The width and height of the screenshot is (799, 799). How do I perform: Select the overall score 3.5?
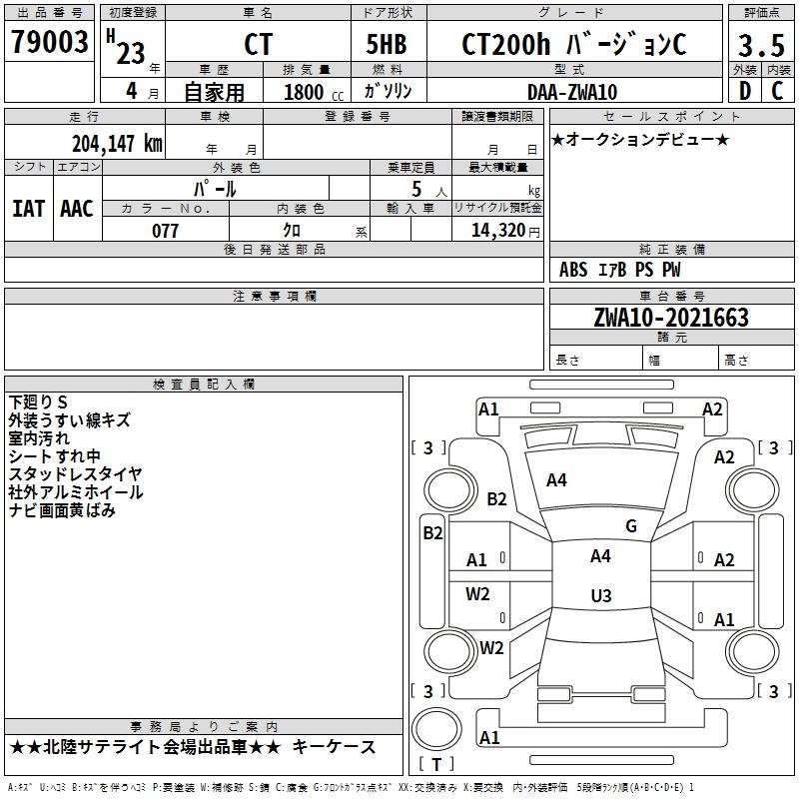click(758, 46)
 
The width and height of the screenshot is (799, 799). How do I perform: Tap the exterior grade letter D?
click(744, 91)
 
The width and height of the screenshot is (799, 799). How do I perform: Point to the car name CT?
click(258, 46)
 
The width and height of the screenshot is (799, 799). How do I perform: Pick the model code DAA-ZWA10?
click(571, 92)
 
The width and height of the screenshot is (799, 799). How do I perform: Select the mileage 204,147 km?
click(116, 143)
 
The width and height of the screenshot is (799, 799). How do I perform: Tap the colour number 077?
click(165, 231)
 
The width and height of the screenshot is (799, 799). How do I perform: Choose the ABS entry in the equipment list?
click(573, 270)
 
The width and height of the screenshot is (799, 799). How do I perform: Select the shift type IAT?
click(28, 209)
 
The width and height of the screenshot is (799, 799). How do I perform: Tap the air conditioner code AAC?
click(76, 209)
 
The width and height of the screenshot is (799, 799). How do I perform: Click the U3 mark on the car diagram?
click(600, 596)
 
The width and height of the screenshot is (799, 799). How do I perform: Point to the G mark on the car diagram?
click(631, 526)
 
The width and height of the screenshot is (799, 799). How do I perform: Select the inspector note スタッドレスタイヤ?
click(75, 473)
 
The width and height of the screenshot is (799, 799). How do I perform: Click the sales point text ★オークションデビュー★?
click(639, 139)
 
